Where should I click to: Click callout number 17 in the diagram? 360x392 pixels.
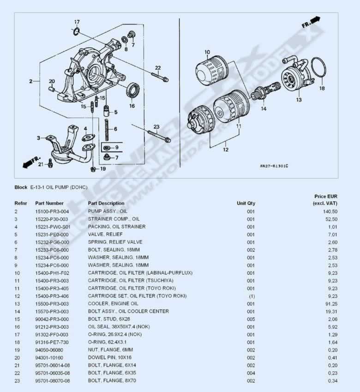tap(77, 22)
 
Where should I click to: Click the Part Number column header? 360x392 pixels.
tap(49, 203)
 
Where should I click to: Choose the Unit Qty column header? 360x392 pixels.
tap(246, 203)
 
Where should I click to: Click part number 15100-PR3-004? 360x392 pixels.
tap(52, 211)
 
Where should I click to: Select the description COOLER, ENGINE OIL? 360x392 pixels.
tap(113, 303)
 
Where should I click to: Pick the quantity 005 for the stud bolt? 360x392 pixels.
tap(251, 319)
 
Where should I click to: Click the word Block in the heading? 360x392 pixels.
tap(21, 187)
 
